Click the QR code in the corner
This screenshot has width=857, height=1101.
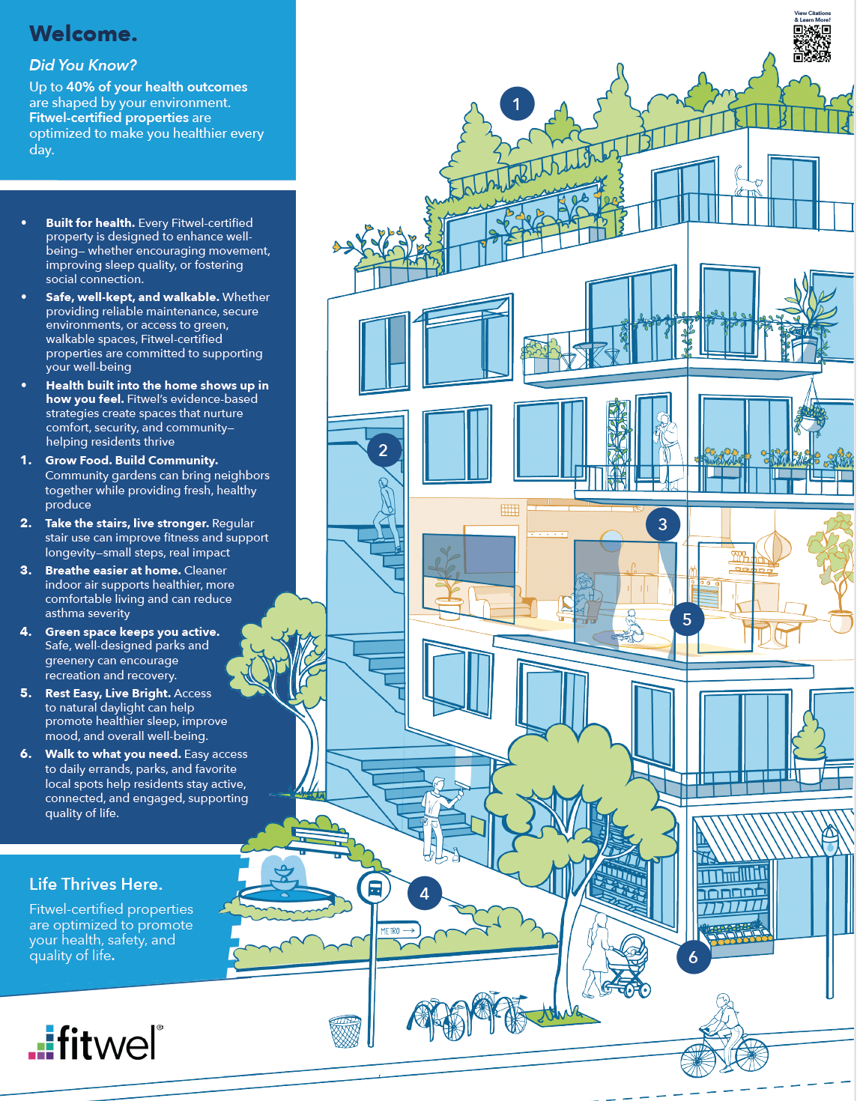click(x=811, y=43)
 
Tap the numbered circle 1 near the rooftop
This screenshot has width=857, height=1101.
click(x=516, y=104)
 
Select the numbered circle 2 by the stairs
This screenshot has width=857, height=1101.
click(x=384, y=450)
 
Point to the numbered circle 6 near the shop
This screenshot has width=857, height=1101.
click(x=693, y=956)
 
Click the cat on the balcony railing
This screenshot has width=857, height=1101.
click(x=747, y=181)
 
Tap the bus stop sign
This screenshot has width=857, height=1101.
click(x=374, y=888)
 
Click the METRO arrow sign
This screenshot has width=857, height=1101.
click(x=399, y=930)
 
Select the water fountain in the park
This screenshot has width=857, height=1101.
click(x=285, y=888)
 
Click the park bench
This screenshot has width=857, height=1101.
click(x=319, y=840)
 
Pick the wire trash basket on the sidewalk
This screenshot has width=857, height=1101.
click(x=345, y=1031)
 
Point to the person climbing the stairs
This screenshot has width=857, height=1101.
click(x=387, y=514)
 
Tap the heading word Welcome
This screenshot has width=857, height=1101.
click(x=83, y=34)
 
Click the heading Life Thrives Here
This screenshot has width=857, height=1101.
click(x=96, y=884)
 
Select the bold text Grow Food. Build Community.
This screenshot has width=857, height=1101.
click(x=131, y=460)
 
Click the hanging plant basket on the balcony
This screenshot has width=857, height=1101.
click(x=811, y=416)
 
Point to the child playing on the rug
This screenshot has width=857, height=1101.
click(x=629, y=626)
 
